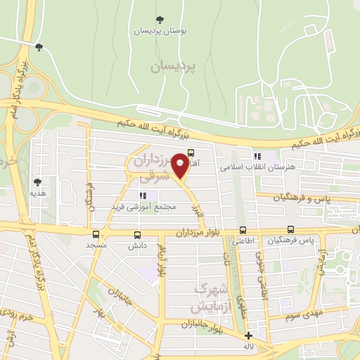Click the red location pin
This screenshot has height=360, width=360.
[180, 165]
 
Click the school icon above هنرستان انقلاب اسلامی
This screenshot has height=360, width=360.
[257, 156]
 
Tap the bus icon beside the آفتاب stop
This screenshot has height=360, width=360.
[191, 151]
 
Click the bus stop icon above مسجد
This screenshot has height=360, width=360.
[96, 234]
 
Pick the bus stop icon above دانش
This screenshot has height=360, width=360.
[137, 235]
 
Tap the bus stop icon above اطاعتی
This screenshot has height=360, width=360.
[243, 229]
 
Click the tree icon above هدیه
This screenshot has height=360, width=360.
[37, 181]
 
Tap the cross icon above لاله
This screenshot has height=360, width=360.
[248, 335]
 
